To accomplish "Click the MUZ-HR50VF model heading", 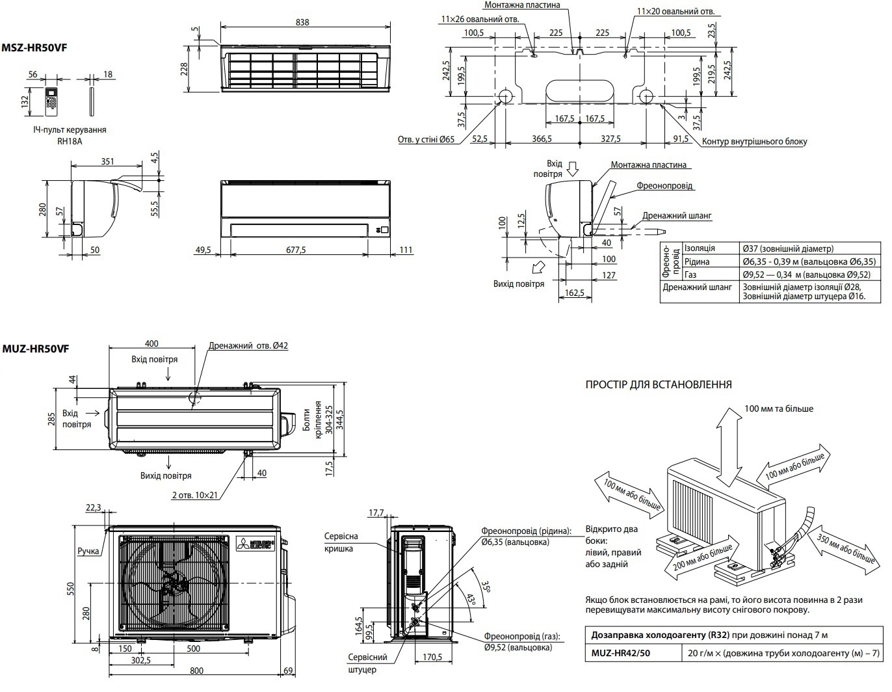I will [35, 349].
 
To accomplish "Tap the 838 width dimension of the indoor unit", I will [302, 21].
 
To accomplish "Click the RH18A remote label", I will [69, 140].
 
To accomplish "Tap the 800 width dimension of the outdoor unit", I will [196, 671].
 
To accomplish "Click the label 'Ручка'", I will [88, 552].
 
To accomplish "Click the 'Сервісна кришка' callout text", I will [341, 542].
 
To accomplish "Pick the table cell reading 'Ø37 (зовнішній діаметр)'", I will [787, 248].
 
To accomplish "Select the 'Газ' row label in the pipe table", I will [690, 274].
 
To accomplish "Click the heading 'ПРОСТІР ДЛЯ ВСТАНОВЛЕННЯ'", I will [659, 384].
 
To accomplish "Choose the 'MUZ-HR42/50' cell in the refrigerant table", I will [618, 653].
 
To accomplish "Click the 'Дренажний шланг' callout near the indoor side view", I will [677, 215].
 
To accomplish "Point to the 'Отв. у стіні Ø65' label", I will [426, 140].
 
